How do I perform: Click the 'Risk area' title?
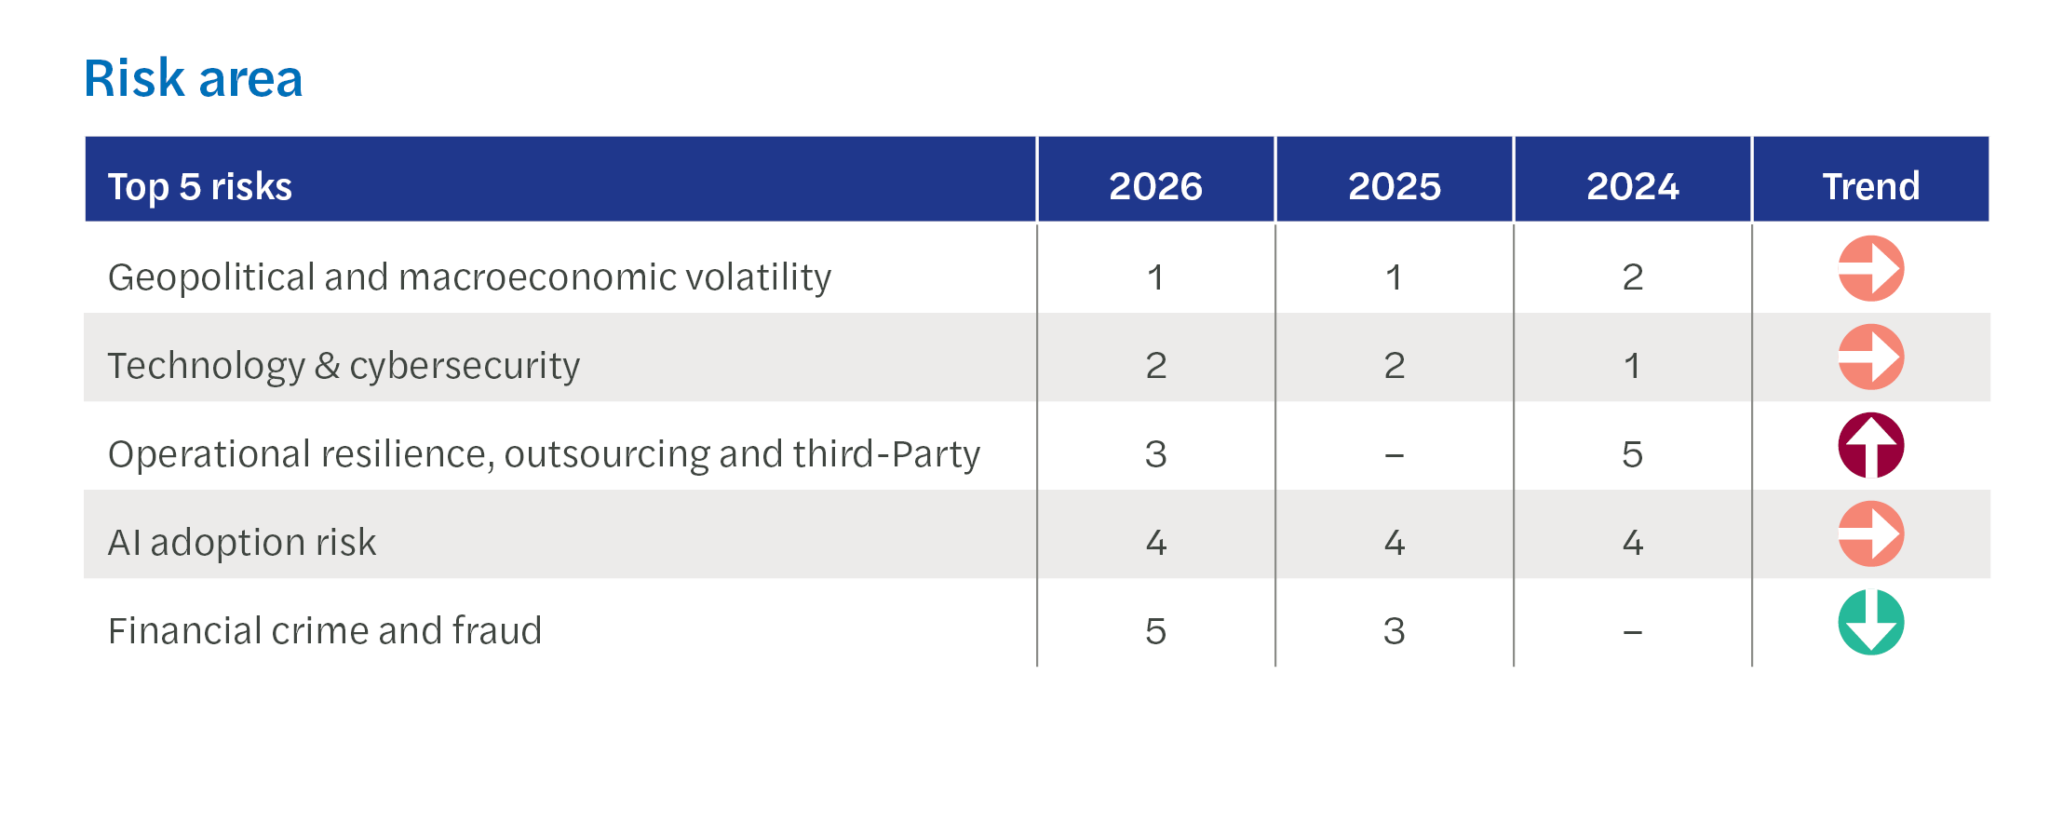(x=194, y=78)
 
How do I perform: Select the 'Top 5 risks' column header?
(x=200, y=186)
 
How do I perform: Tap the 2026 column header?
(x=1155, y=186)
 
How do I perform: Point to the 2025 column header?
(x=1394, y=186)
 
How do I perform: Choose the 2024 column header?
(x=1632, y=186)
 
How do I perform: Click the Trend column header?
(x=1870, y=186)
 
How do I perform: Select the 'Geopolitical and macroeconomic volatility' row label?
(x=469, y=277)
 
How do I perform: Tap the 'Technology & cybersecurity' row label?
(x=344, y=366)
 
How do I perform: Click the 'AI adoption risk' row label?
(x=242, y=543)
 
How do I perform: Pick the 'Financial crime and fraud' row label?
(x=325, y=630)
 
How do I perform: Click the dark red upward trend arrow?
(x=1871, y=445)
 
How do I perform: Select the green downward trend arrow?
(x=1871, y=622)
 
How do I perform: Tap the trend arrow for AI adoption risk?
(x=1871, y=533)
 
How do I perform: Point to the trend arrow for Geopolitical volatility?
(x=1871, y=268)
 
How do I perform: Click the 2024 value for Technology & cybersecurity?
(x=1632, y=366)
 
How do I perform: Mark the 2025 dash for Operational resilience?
(x=1394, y=456)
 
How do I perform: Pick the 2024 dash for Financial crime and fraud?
(x=1632, y=633)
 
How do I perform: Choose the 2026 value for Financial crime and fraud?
(x=1155, y=631)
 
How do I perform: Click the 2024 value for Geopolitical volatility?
(x=1632, y=277)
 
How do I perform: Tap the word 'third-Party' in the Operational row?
(x=886, y=454)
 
